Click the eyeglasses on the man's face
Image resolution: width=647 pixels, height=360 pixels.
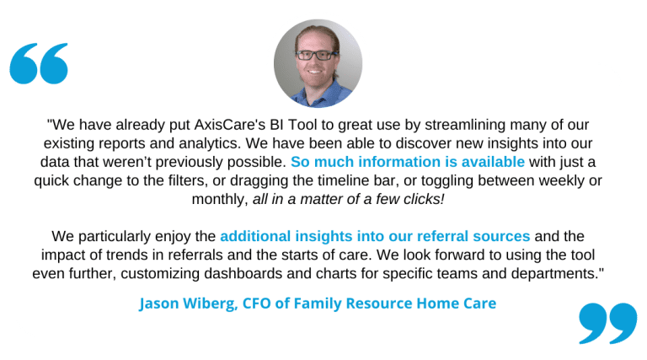317,55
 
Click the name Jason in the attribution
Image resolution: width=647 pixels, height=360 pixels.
159,304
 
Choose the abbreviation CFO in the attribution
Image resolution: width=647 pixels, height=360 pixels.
257,304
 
